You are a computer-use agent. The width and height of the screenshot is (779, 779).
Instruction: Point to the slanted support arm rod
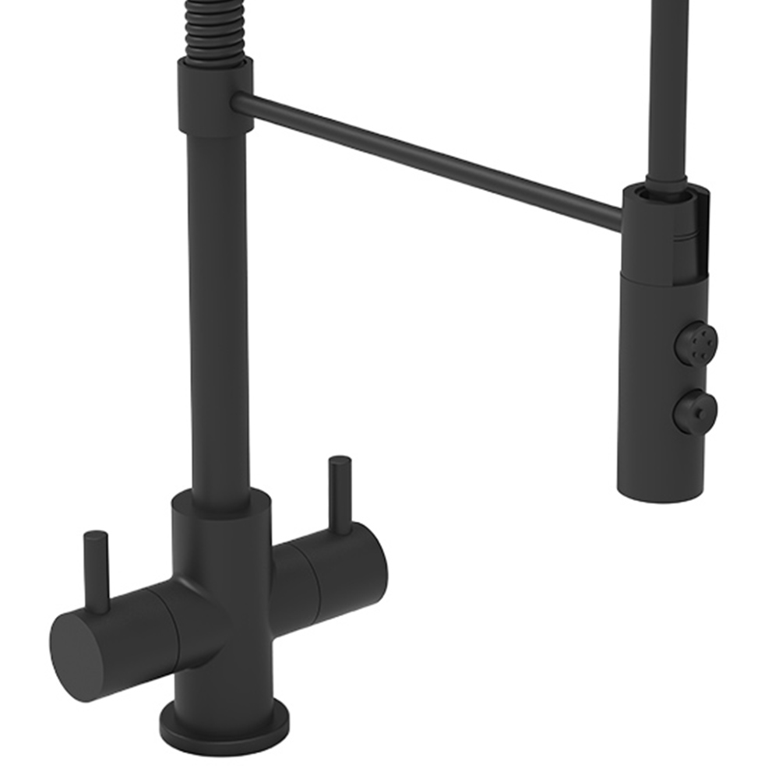coord(428,160)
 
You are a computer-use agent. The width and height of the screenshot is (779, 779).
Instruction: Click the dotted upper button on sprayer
coord(695,343)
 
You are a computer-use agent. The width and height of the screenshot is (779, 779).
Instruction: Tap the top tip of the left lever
coord(96,536)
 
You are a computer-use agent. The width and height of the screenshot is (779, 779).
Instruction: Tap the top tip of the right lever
coord(340,461)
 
